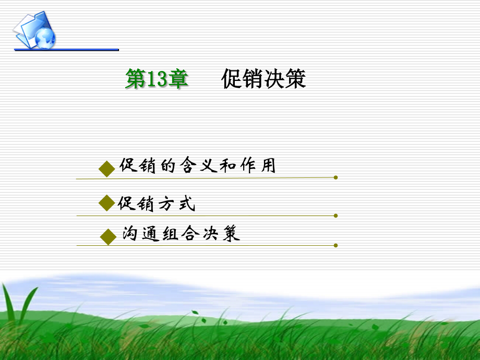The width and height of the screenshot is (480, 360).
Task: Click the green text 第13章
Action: [157, 79]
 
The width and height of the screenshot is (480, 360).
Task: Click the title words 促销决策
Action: [263, 79]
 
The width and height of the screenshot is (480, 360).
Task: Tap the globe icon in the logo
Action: [45, 37]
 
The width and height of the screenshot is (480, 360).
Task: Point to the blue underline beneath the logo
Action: [66, 50]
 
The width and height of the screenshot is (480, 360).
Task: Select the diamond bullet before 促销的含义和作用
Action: [106, 169]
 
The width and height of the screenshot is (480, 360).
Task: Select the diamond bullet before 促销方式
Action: [106, 203]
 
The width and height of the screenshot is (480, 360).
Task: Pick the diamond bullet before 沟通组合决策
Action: [108, 236]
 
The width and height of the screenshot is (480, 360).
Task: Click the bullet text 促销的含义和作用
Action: [197, 166]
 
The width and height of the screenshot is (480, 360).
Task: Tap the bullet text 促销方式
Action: [157, 203]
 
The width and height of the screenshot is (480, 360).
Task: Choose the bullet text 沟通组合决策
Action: [181, 234]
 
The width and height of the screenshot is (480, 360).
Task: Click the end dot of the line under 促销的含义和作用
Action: [335, 177]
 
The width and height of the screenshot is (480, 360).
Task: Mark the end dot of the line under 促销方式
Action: [335, 215]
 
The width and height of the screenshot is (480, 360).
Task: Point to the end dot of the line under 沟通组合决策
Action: [335, 245]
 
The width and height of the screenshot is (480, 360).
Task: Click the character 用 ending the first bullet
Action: [268, 166]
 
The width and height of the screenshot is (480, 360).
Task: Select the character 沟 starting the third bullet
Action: [129, 234]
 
